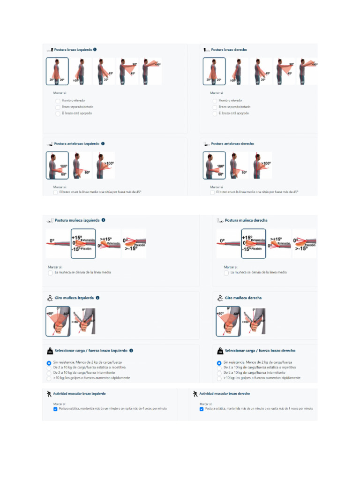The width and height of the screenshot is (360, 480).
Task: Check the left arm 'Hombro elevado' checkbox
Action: coord(58,101)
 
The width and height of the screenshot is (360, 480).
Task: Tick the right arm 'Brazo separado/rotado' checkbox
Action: coord(215,107)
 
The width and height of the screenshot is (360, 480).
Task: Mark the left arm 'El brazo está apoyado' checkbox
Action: coord(58,113)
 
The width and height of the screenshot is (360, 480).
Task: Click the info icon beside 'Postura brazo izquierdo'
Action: coord(95,49)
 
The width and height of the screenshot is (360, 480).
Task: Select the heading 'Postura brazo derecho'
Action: coord(229,50)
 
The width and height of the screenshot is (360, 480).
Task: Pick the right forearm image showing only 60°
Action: coord(239,165)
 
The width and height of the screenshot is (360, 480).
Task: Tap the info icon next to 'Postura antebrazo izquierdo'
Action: coord(103,144)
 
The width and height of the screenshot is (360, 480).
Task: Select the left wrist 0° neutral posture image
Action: coord(58,243)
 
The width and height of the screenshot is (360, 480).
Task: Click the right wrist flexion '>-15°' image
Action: coord(304,243)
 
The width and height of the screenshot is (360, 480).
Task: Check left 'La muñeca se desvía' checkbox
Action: coord(50,272)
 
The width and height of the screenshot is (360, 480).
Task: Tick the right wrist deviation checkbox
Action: coord(226,272)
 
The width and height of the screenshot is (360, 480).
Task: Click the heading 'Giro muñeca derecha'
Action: coord(243,298)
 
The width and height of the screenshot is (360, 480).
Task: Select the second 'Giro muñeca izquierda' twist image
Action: coord(83,322)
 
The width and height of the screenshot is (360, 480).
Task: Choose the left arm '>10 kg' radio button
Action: coord(49,378)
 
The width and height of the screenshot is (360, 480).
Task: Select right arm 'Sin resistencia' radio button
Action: coord(219,363)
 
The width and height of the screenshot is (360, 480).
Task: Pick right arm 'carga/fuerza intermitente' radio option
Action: coord(219,373)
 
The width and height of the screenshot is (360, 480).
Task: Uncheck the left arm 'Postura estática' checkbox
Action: coord(55,409)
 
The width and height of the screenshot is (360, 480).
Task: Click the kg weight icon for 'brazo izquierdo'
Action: coord(49,351)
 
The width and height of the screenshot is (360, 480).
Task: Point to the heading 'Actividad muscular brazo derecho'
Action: coord(224,394)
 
